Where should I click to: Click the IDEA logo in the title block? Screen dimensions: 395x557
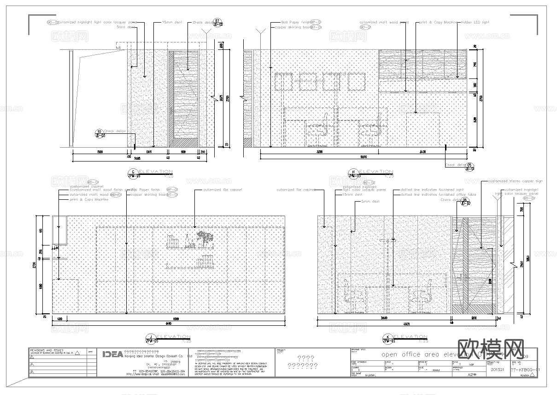pos(112,354)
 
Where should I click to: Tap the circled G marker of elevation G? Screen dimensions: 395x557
pos(133,173)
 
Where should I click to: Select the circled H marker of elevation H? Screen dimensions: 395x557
pos(353,174)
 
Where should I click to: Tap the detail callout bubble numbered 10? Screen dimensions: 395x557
pos(100,133)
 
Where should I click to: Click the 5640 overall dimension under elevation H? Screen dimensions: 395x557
pos(364,157)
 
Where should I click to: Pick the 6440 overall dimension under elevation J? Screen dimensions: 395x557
pos(169,323)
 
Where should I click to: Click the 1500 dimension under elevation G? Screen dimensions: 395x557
pos(100,151)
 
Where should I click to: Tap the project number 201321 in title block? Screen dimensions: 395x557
pos(498,370)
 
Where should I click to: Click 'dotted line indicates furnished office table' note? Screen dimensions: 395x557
pos(438,195)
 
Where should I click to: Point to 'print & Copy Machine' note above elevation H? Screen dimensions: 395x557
pos(437,22)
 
